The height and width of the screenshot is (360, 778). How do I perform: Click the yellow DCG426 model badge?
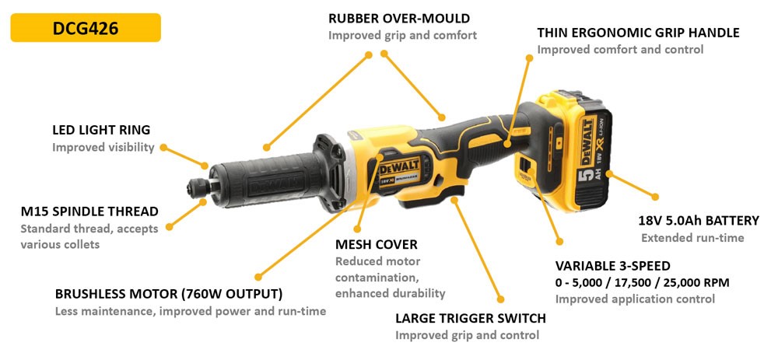pos(86,28)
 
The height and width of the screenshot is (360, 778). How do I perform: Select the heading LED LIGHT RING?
pos(101,130)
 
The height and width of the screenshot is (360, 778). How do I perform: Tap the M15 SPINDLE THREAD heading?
pos(89,211)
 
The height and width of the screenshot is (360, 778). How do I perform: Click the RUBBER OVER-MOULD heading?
pos(399,19)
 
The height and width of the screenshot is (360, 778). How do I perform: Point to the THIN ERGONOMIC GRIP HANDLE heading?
pos(638,33)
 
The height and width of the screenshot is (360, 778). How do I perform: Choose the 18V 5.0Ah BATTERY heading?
pos(699,221)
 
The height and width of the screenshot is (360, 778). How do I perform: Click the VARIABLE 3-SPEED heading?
pos(613,265)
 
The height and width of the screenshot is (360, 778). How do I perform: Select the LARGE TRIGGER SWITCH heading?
pos(471,318)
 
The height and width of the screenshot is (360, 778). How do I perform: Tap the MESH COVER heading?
pos(377,244)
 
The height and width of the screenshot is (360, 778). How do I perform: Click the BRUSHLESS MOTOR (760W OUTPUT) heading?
pos(169,294)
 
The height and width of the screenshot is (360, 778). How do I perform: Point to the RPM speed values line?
pos(643,283)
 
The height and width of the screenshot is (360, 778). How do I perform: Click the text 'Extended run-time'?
pos(692,238)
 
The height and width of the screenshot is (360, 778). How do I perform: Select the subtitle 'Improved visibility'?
pos(103,147)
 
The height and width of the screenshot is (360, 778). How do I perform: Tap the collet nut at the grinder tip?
pos(198,187)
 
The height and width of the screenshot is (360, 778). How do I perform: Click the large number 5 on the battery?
pos(583,174)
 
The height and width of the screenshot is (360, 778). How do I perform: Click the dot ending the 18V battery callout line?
pos(655,197)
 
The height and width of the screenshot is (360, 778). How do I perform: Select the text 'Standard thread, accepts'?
pos(89,229)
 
